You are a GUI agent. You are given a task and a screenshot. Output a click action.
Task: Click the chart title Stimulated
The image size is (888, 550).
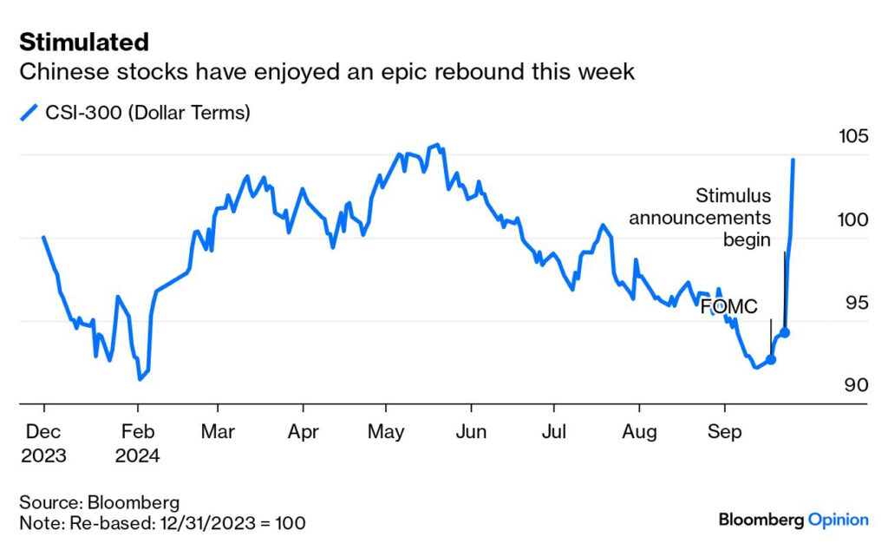(x=83, y=42)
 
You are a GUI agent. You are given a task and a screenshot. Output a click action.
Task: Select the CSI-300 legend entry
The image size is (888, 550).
(x=134, y=113)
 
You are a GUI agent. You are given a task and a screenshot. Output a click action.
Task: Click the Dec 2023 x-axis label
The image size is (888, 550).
(x=43, y=442)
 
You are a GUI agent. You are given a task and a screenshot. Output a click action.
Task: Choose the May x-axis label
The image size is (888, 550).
(x=386, y=431)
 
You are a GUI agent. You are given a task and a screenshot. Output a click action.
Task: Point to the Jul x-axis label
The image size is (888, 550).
(x=554, y=431)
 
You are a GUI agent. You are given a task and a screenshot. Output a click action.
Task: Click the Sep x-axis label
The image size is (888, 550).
(x=725, y=431)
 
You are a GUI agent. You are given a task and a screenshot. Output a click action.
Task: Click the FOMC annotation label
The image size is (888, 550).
(x=729, y=306)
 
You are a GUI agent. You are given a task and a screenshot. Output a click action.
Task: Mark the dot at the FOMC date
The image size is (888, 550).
(x=771, y=359)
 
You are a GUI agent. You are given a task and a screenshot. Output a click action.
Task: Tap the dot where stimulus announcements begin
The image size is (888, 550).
(x=785, y=332)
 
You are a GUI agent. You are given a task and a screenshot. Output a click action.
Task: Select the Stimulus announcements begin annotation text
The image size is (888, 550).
(x=701, y=217)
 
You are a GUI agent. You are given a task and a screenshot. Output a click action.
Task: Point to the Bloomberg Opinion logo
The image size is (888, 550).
(x=793, y=520)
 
